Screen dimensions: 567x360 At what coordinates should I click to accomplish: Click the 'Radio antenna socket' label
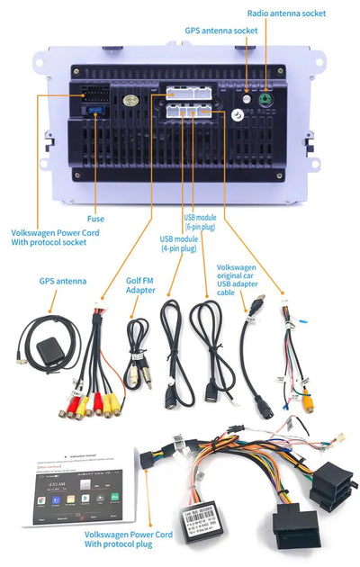(286, 13)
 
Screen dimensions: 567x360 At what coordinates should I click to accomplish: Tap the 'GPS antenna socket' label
(221, 31)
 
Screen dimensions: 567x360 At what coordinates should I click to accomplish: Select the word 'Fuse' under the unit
(95, 219)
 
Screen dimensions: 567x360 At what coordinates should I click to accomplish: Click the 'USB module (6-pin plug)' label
(201, 222)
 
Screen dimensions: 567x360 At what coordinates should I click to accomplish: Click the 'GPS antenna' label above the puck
(63, 281)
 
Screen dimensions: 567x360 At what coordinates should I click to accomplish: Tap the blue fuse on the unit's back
(94, 109)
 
